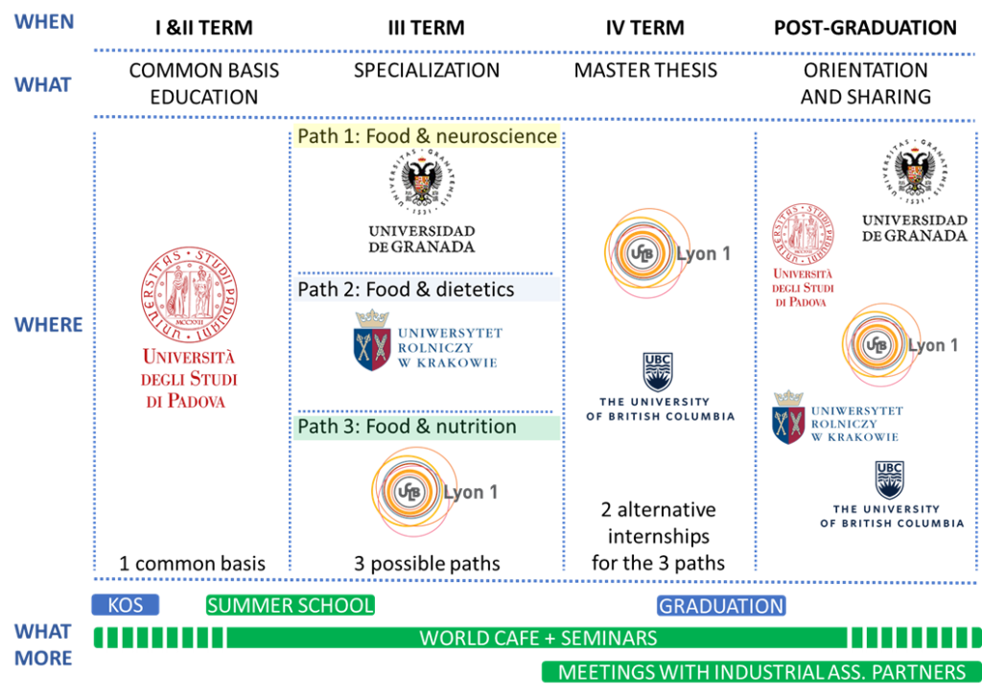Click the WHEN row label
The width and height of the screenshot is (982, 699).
[x=43, y=22]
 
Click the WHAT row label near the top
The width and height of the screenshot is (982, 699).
[x=43, y=85]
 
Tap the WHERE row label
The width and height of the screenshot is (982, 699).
[x=49, y=325]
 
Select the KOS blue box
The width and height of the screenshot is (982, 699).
[x=125, y=605]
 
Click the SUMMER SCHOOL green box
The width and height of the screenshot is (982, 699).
[x=290, y=605]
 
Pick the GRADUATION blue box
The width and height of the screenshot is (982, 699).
[x=721, y=606]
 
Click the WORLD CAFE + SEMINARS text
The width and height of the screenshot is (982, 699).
[x=538, y=638]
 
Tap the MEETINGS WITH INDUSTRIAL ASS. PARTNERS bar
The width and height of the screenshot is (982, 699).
[x=761, y=672]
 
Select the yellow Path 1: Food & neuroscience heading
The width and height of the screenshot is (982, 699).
[x=427, y=136]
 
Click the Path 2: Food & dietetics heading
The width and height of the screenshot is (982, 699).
[x=426, y=290]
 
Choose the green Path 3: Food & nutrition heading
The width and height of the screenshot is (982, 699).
[x=426, y=427]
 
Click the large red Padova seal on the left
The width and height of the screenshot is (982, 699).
[x=190, y=293]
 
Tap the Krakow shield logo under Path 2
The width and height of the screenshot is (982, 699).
[x=371, y=341]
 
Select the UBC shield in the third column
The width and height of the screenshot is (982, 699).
[x=658, y=371]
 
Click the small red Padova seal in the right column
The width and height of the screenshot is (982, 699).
[x=804, y=234]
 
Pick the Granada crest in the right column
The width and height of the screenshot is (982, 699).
[x=916, y=170]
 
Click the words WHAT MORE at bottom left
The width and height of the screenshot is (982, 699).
[x=43, y=645]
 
